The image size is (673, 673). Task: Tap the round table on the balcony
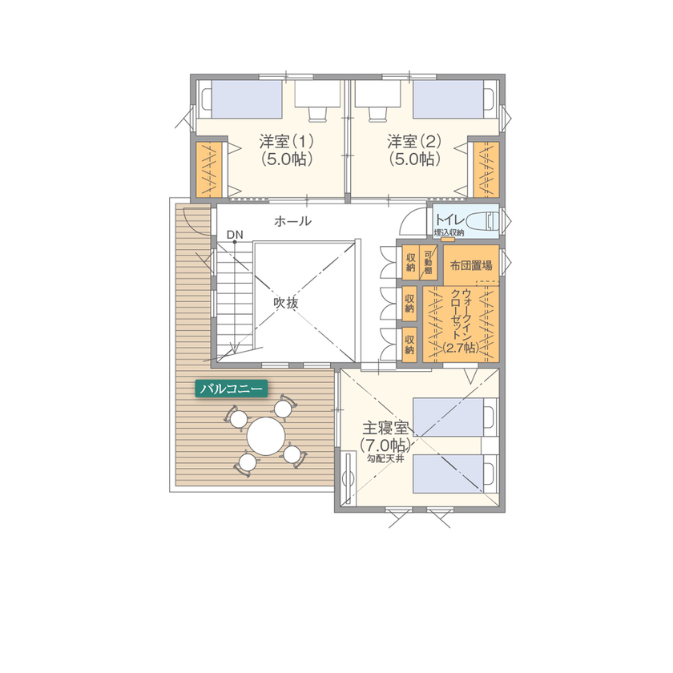(x=266, y=437)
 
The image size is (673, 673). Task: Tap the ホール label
(x=292, y=220)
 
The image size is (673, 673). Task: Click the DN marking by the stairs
(x=234, y=235)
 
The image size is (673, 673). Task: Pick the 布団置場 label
(x=471, y=264)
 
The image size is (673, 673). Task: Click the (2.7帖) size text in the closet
(x=460, y=348)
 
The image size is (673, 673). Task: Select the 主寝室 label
(x=385, y=428)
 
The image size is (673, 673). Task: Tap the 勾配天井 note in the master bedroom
(x=385, y=460)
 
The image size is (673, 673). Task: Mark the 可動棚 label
(x=428, y=262)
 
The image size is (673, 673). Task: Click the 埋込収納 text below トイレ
(x=449, y=233)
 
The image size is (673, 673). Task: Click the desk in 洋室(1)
(x=312, y=98)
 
